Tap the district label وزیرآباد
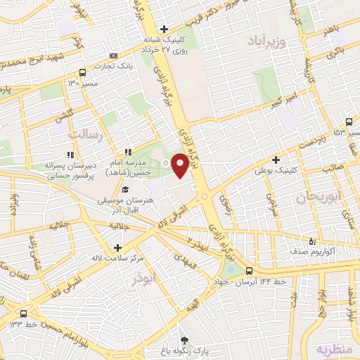pos(266,43)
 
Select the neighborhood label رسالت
pos(85,133)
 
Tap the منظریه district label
pos(332,349)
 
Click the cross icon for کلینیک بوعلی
pos(276,160)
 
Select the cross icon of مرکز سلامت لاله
pos(117,247)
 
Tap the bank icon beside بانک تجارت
pos(113,56)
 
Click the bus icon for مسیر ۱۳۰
pos(83,72)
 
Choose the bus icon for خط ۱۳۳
pos(25,314)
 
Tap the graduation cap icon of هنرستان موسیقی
pos(125,190)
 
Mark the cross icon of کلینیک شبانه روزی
pos(164,29)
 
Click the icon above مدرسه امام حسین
pos(127,152)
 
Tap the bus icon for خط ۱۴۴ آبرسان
pos(249,269)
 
